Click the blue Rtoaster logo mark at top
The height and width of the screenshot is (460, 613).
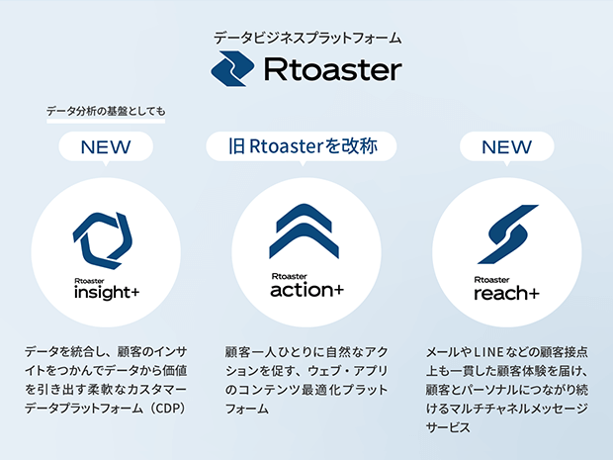point(232,69)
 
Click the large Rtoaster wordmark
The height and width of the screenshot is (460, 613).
point(333,69)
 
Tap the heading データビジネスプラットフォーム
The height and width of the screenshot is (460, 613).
point(307,38)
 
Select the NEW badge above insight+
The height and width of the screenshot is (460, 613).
point(106,147)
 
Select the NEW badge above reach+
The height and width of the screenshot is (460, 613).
point(506,147)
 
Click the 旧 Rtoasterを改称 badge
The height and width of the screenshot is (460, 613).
point(302,146)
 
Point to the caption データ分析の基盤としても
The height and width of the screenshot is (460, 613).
point(106,112)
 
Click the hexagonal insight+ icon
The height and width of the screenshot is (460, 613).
point(103,240)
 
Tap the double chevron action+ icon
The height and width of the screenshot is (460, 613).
point(305,230)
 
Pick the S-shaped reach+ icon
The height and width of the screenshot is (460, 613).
point(508,233)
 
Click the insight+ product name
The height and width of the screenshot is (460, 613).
point(107,293)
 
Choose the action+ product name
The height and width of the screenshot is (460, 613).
point(306,290)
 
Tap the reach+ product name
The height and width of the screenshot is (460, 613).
point(506,294)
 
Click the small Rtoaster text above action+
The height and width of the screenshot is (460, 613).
point(290,277)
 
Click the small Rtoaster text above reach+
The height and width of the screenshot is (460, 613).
point(491,280)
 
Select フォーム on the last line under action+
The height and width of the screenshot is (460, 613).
point(247,409)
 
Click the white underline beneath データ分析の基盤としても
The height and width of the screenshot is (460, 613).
point(106,122)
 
